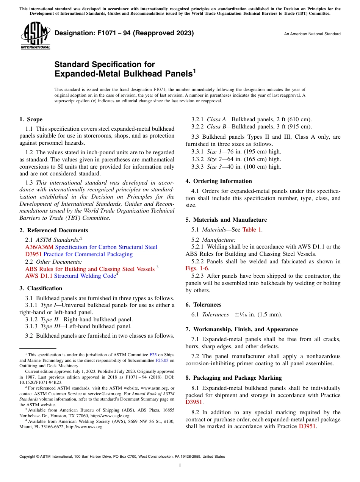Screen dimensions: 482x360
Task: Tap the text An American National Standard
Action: click(x=312, y=34)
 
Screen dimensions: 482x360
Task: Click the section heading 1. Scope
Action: click(x=31, y=119)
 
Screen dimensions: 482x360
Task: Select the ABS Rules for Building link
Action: click(x=89, y=269)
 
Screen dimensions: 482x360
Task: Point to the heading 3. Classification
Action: click(x=41, y=288)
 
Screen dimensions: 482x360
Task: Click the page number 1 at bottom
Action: click(x=180, y=466)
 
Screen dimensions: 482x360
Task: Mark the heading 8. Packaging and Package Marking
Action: click(x=233, y=378)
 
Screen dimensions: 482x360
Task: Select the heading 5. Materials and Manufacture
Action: click(x=226, y=220)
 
